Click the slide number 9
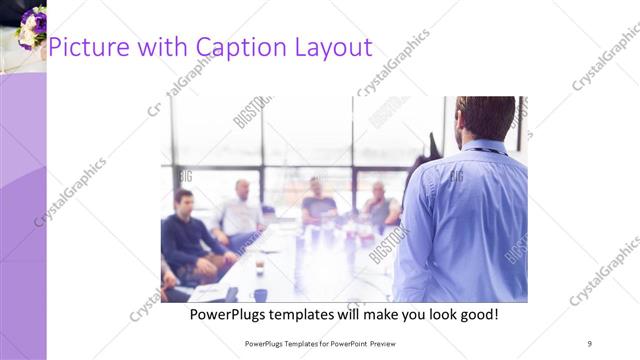pyautogui.click(x=590, y=343)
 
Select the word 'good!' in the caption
pyautogui.click(x=478, y=314)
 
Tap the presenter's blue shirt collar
pyautogui.click(x=483, y=146)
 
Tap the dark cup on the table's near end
pyautogui.click(x=260, y=294)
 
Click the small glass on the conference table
pyautogui.click(x=259, y=266)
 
